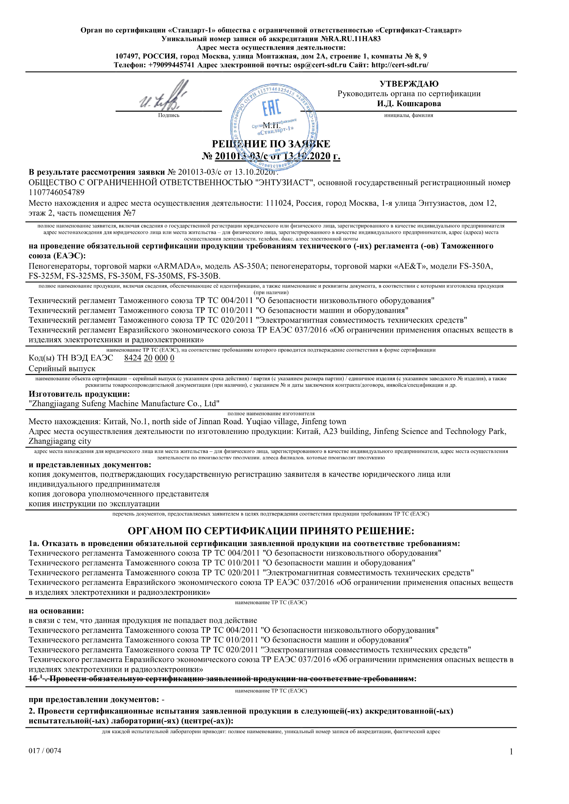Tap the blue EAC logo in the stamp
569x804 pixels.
coord(272,107)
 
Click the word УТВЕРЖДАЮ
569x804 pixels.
coord(409,84)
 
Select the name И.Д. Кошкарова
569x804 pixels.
coord(409,104)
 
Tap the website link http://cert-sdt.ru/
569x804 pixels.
coord(400,65)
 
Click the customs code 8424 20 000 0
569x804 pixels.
coord(149,358)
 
